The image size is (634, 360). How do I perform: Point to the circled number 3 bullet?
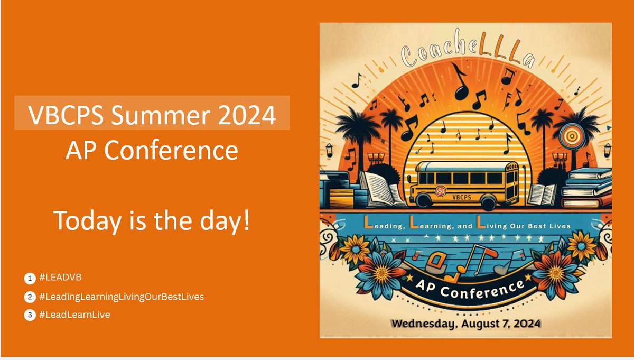click(29, 315)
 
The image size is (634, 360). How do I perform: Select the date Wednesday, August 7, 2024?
click(465, 323)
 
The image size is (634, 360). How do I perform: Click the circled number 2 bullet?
click(29, 297)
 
